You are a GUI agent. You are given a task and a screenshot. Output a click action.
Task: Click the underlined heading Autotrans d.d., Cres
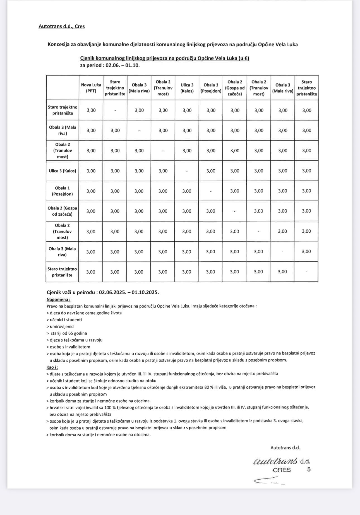[x=62, y=27]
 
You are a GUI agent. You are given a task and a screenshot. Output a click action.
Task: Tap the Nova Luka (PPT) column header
[x=91, y=88]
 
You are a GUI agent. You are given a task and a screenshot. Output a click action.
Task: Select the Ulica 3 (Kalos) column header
[x=187, y=88]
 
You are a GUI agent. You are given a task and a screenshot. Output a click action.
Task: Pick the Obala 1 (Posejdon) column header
[x=211, y=88]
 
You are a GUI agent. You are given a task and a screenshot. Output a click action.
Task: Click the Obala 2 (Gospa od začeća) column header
[x=235, y=88]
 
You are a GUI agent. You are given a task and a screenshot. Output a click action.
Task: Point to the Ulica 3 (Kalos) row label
[x=63, y=171]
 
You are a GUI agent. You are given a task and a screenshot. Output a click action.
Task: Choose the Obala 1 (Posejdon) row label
[x=63, y=191]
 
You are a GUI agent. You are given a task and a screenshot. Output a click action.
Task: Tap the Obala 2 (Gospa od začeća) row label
[x=63, y=211]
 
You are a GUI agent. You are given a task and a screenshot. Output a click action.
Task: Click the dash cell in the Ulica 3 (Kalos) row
[x=187, y=171]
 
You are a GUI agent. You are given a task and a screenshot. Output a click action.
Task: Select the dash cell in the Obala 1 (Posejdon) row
[x=211, y=191]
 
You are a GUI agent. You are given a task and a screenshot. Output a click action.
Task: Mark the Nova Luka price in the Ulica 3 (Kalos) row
[x=91, y=171]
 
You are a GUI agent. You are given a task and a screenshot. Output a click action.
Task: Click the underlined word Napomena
[x=58, y=299]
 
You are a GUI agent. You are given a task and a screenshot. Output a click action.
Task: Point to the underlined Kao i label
[x=52, y=367]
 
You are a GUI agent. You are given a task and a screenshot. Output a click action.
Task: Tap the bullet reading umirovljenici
[x=62, y=326]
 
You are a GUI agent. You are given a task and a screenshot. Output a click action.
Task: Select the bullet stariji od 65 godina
[x=69, y=333]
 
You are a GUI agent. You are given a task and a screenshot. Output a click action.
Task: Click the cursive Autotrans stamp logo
[x=275, y=461]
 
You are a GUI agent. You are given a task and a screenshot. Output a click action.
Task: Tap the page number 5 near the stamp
[x=309, y=470]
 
